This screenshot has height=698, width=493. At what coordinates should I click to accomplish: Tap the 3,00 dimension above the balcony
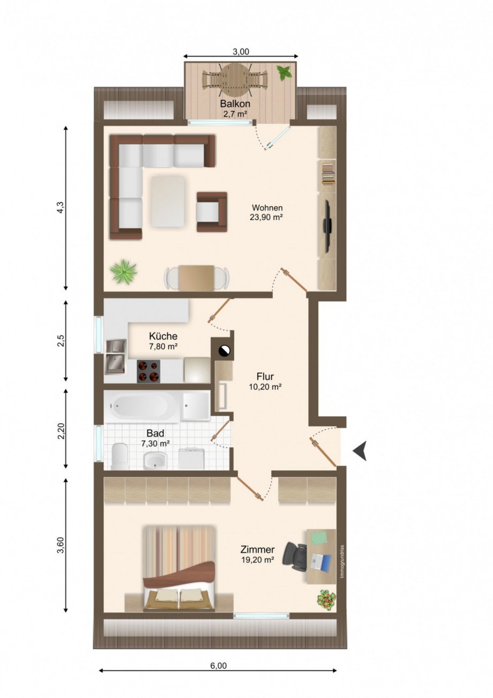point(241,51)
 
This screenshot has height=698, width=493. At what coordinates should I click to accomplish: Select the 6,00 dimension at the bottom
point(218,666)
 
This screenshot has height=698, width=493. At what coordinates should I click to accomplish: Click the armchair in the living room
point(211,212)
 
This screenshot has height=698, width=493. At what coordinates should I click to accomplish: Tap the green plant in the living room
point(123,271)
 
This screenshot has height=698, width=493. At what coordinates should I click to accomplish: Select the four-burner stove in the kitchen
point(149,371)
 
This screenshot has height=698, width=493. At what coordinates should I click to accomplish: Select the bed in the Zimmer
point(180,568)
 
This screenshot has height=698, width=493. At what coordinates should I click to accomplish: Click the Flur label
point(265,376)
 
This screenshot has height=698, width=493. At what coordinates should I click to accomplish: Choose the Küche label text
point(163,336)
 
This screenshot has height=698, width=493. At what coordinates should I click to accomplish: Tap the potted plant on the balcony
point(285,72)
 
